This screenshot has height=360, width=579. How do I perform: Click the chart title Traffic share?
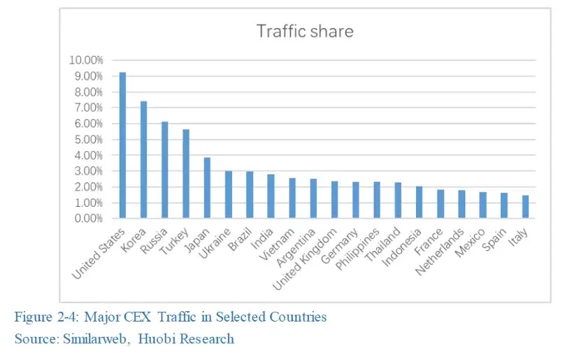click(304, 31)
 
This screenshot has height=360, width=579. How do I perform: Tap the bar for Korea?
click(144, 159)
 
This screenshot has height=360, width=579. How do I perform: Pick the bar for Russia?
click(165, 170)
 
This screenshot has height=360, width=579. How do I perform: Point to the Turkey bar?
click(186, 173)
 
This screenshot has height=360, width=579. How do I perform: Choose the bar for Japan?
click(208, 188)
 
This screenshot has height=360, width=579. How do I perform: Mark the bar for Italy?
click(525, 207)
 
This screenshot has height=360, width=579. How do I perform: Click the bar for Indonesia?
click(419, 202)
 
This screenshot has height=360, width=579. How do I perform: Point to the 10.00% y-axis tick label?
click(86, 60)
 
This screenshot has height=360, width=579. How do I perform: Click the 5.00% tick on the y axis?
click(88, 139)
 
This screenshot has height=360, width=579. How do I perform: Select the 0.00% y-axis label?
click(88, 218)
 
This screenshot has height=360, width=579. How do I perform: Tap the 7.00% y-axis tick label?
click(88, 108)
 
